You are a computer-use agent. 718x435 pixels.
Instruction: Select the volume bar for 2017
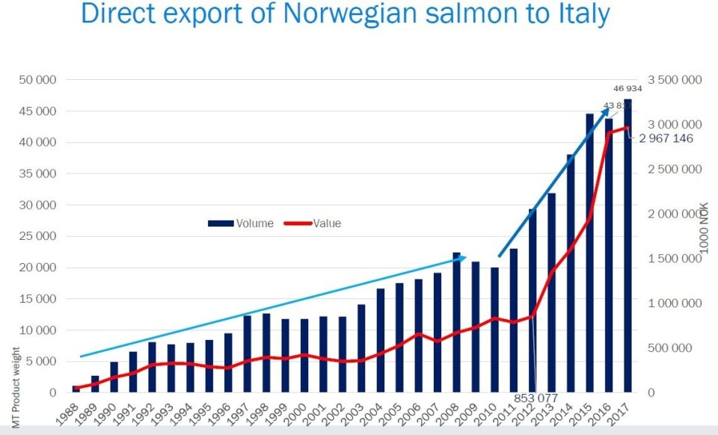[628, 246]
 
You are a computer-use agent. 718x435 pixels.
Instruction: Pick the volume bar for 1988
[76, 389]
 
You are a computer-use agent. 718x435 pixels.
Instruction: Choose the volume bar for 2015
[589, 253]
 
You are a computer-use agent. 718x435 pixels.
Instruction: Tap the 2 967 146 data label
[666, 138]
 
